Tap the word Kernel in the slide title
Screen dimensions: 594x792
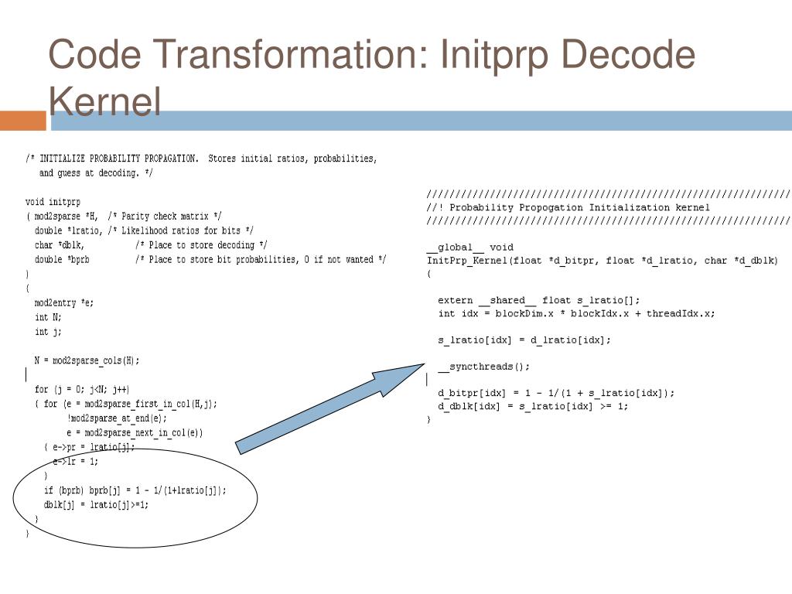tap(104, 101)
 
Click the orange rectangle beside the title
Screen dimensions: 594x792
tap(23, 121)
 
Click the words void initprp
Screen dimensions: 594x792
tap(53, 202)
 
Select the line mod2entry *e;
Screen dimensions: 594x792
tap(64, 302)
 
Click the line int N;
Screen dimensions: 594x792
tap(48, 317)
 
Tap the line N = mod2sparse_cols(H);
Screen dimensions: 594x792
tap(87, 360)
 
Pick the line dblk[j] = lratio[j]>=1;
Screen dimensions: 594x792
tap(96, 505)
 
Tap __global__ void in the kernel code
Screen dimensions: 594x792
tap(469, 247)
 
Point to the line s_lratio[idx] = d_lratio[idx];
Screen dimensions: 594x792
tap(524, 340)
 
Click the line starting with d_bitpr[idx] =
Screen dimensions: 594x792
tap(555, 393)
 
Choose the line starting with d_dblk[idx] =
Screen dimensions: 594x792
tap(533, 406)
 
